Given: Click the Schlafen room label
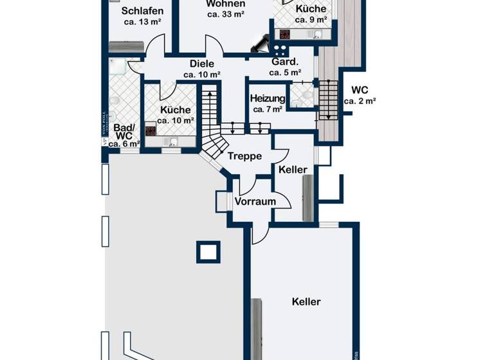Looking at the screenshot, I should pos(142,11).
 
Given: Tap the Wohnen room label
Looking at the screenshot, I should pos(225,4).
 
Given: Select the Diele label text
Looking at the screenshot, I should pos(201,64).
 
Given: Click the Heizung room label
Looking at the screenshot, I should pos(268,98).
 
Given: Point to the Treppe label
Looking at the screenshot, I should pos(244,156).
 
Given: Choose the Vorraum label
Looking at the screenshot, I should pos(255,201).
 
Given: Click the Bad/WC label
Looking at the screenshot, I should pos(123,132).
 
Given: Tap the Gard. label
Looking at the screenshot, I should pos(285,62).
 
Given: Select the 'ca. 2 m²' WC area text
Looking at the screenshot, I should pos(360,101).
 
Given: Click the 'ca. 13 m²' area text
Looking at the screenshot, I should pos(142,22).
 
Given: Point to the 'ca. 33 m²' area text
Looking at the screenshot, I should pos(225,14).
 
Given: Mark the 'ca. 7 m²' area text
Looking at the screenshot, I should pos(268,109).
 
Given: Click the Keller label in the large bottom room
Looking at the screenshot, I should pos(306,301).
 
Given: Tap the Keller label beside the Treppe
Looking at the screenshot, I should pos(293,169).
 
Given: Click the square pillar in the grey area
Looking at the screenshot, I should pos(208,251).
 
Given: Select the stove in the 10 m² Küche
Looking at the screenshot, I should pos(151,130).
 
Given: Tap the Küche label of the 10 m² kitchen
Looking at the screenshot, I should pos(176,109).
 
